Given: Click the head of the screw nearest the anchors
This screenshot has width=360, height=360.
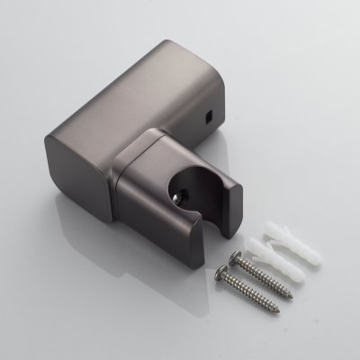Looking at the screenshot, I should [240, 259].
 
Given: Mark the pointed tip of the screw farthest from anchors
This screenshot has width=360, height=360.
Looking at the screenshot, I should [278, 310].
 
